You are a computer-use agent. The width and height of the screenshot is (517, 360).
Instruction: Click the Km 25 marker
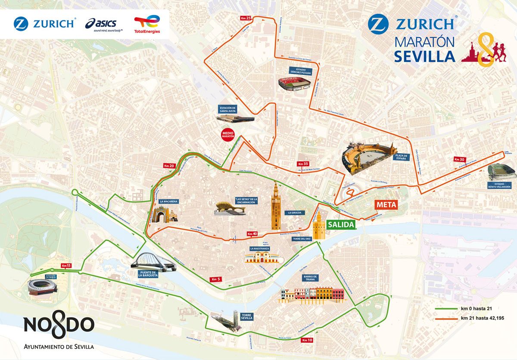click(x=246, y=18)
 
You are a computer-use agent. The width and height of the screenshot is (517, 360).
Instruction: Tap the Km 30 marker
click(x=459, y=159)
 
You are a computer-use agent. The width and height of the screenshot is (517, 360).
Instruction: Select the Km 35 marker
click(x=303, y=164)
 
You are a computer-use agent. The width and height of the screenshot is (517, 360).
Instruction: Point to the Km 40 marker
click(x=252, y=234)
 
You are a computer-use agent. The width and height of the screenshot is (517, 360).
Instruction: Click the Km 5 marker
click(x=216, y=279)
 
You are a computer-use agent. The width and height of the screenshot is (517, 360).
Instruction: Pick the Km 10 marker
click(x=307, y=340)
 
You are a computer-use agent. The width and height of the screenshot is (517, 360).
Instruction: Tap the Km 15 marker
click(x=66, y=265)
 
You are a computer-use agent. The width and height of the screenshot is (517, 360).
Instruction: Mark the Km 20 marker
click(x=169, y=166)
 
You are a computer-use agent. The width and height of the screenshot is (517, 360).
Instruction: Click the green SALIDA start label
click(x=340, y=225)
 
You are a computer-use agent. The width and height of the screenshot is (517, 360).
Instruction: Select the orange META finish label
click(x=385, y=205)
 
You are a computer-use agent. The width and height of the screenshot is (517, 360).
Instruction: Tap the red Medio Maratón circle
click(x=227, y=134)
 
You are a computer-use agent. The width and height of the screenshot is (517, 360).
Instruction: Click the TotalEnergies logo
click(x=147, y=25)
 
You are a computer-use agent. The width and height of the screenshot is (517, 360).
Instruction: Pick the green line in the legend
click(x=446, y=309)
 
